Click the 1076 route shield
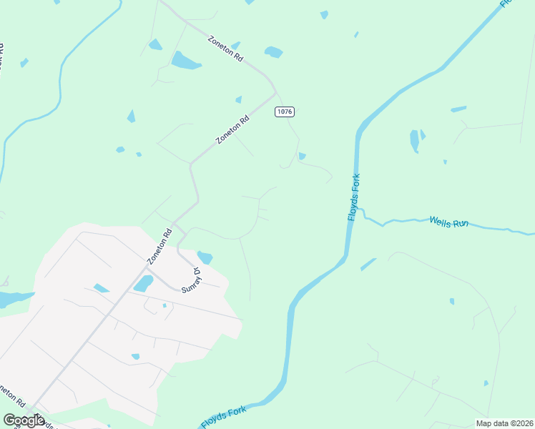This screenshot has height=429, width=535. pos(284,112)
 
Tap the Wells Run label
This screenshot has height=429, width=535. pos(448,222)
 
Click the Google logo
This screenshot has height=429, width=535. pos(24,420)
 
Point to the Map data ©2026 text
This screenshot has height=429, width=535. pos(504,423)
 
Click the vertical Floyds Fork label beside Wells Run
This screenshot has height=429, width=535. pos(353,197)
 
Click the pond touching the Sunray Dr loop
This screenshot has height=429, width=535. pos(205,257)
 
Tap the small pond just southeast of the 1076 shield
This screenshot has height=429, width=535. pos(302,156)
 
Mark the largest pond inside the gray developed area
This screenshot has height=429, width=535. pos(143,284)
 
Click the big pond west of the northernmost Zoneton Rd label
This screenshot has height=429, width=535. pos(186,61)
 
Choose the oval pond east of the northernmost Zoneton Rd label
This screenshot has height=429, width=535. pos(273,52)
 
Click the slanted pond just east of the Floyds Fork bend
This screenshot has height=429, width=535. pos(368,264)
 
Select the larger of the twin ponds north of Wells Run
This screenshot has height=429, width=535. pos(414,141)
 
